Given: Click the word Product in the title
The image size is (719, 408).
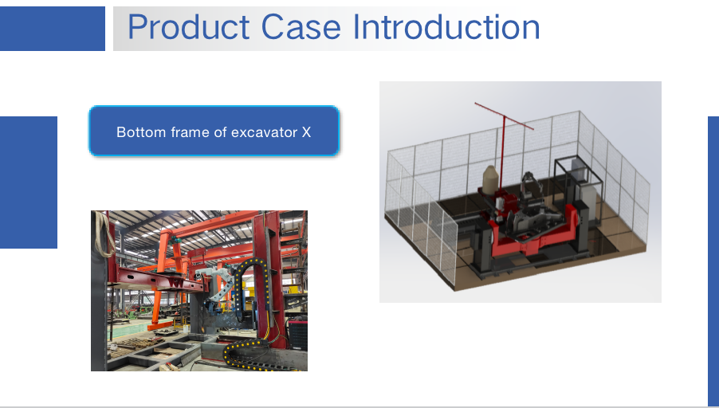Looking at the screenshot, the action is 188,26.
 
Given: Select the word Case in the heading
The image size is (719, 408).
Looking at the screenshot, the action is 301,26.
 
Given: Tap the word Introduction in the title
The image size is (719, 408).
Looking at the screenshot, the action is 446,26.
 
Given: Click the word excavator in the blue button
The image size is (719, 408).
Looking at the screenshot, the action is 265,132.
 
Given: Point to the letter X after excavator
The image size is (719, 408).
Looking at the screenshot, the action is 306,132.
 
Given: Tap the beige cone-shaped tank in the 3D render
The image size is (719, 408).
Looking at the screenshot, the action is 491,180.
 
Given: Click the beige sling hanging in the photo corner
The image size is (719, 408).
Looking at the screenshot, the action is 104,233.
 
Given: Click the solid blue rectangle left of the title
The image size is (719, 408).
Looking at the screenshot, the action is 53,29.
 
